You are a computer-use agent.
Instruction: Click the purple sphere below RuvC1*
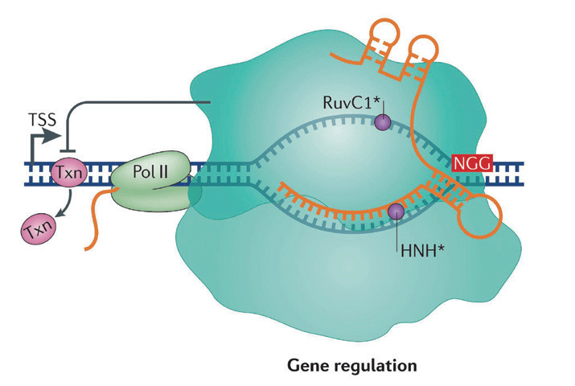384,122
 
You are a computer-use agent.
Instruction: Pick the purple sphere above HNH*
396,211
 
